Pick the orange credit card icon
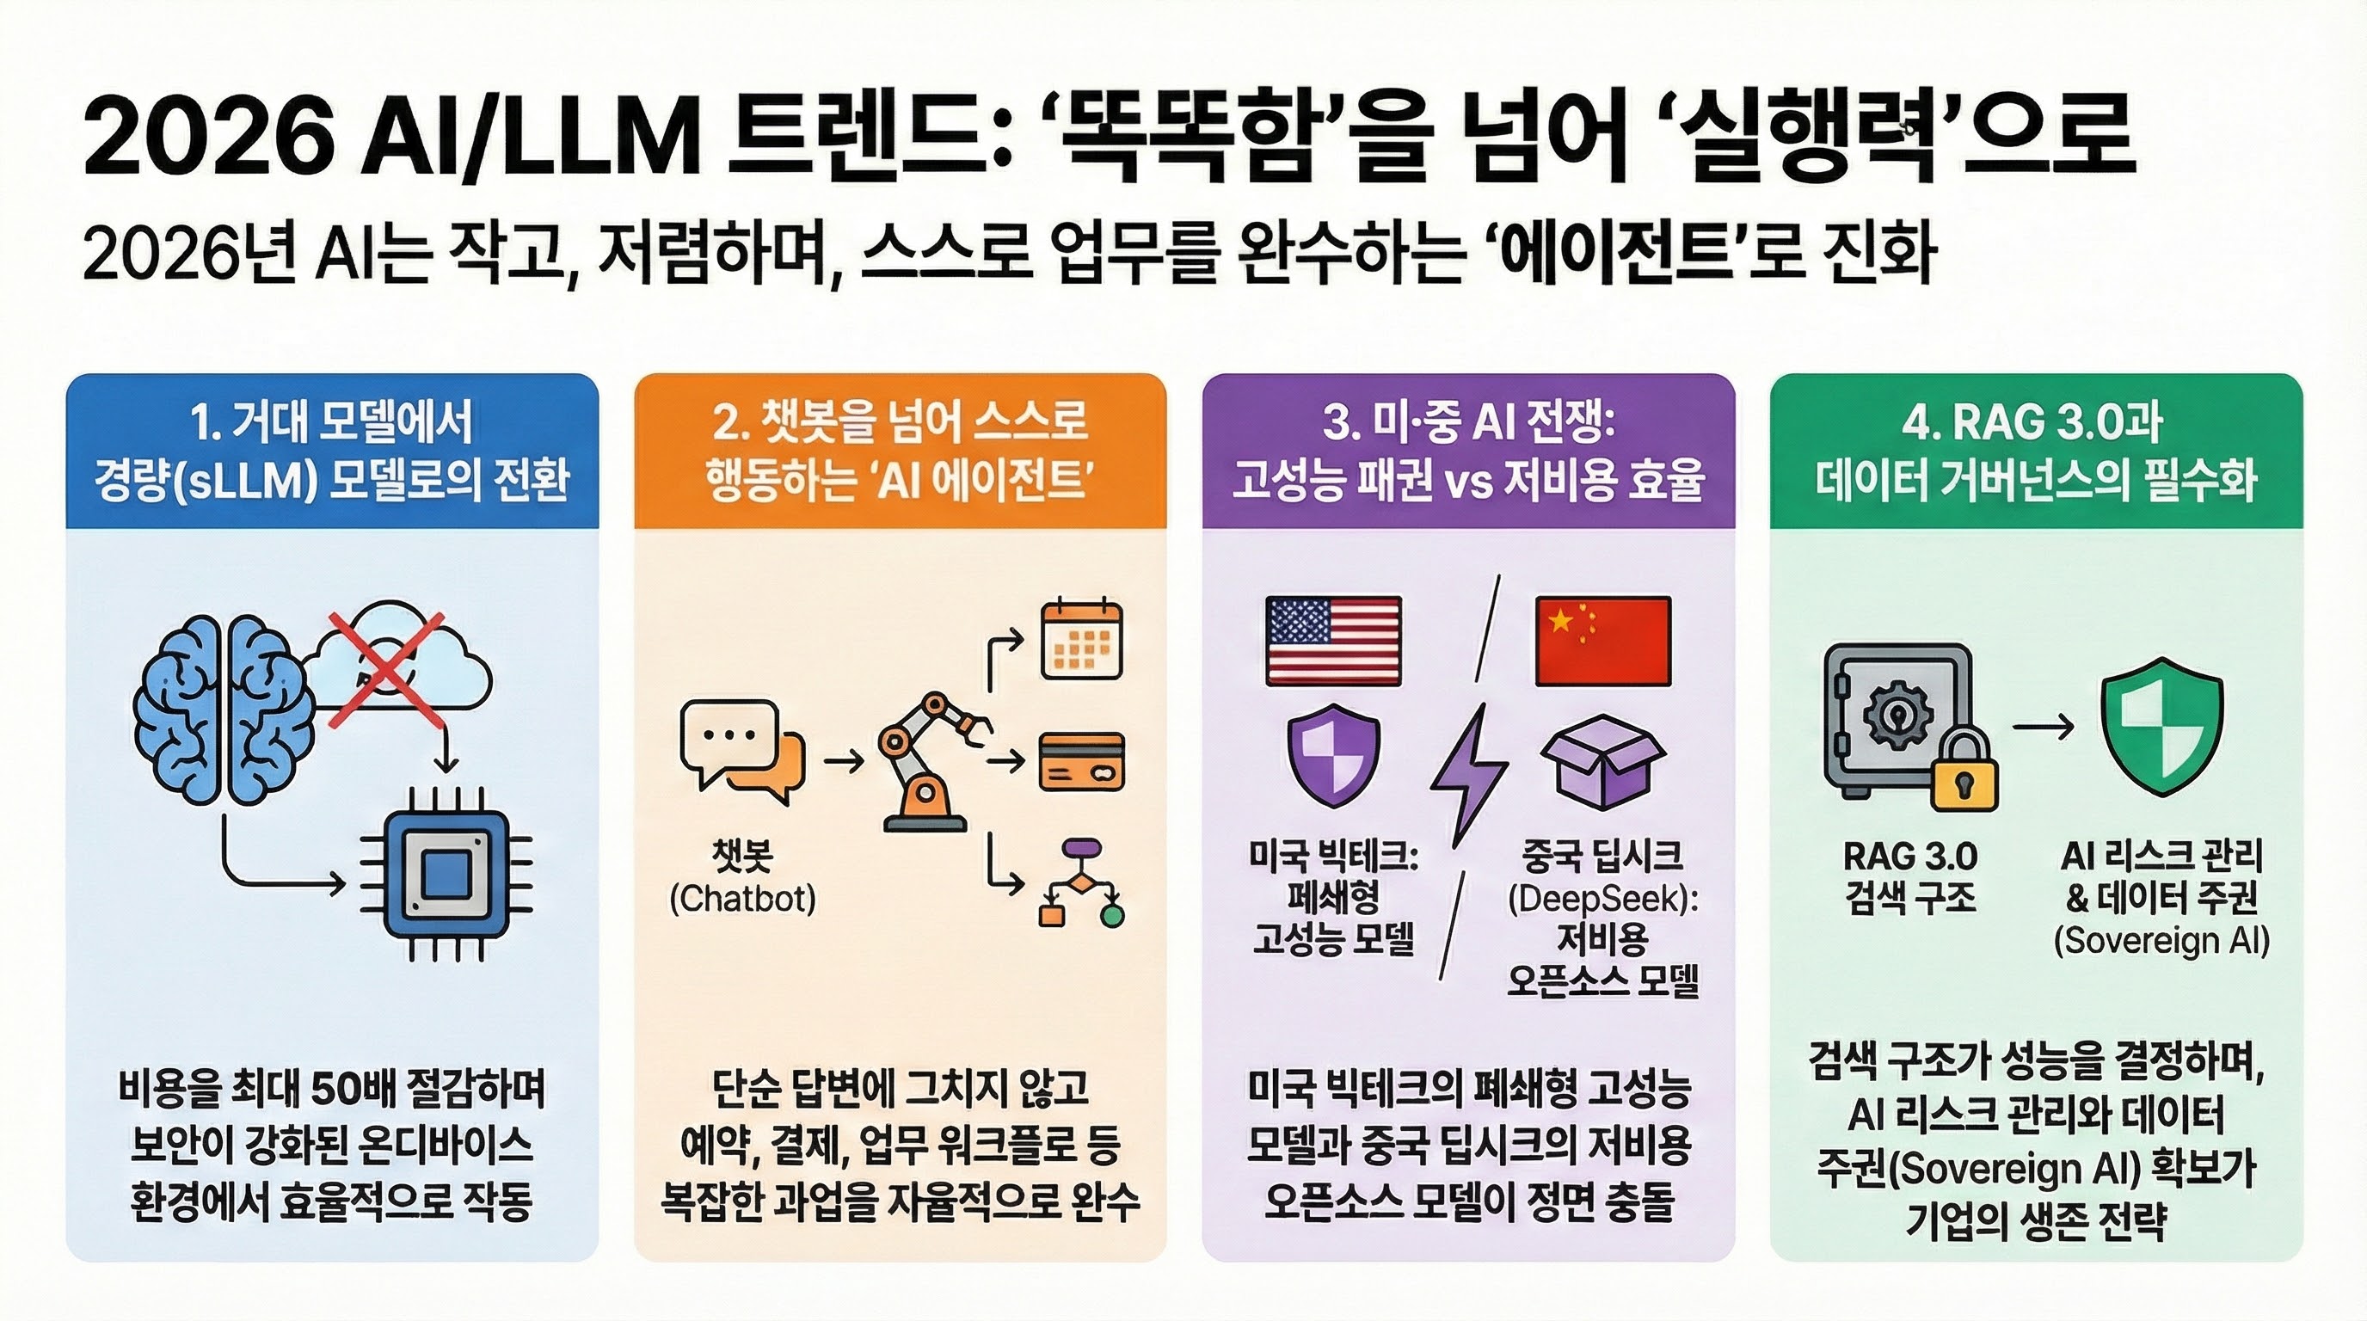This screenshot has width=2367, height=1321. pyautogui.click(x=1081, y=761)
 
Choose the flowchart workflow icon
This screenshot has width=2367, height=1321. pyautogui.click(x=1081, y=882)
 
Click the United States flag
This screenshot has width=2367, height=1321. pyautogui.click(x=1333, y=641)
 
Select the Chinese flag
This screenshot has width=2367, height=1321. pyautogui.click(x=1603, y=641)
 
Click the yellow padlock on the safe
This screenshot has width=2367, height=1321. pyautogui.click(x=1964, y=771)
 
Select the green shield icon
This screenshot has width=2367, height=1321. pyautogui.click(x=2162, y=726)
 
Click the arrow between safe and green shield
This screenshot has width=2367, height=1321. pyautogui.click(x=2042, y=728)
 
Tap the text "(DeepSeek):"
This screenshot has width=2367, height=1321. pyautogui.click(x=1603, y=899)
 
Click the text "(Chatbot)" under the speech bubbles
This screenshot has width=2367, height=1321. pyautogui.click(x=742, y=899)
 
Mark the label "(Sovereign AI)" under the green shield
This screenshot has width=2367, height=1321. pyautogui.click(x=2161, y=941)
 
